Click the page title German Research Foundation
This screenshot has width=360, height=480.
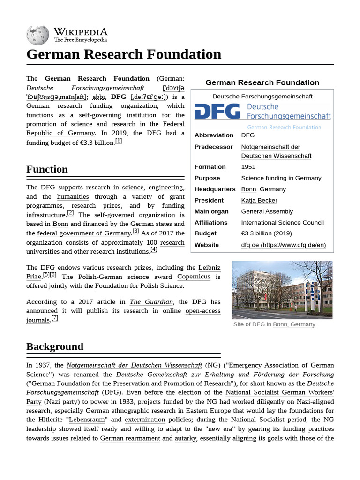pos(124,54)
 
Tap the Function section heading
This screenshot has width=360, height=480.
pos(47,169)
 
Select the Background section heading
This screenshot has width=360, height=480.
pos(55,347)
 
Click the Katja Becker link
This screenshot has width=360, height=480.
pos(259,200)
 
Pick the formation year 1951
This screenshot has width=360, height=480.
pos(248,167)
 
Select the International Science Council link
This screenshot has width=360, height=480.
pos(282,223)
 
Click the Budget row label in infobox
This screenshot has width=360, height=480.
pos(205,233)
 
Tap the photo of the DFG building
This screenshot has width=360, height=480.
pos(282,290)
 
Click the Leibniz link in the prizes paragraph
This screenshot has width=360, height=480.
pos(209,268)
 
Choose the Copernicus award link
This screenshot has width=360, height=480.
pos(194,277)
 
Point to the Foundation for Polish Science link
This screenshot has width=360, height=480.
pos(139,286)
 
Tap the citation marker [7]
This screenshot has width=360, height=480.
pos(55,318)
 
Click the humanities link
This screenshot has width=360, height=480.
pos(73,197)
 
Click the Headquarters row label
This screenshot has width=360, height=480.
pos(215,189)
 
